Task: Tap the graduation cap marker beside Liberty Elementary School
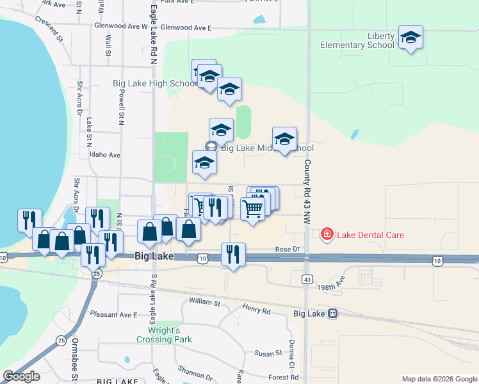[x=410, y=38]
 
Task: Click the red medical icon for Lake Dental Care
[x=327, y=235]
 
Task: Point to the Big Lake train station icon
[x=332, y=314]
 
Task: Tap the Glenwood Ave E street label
[x=186, y=28]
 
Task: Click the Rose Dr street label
[x=287, y=249]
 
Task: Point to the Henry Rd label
[x=257, y=310]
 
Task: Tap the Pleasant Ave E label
[x=113, y=314]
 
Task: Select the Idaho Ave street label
[x=105, y=155]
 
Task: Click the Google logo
[x=21, y=376]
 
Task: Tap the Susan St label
[x=268, y=353]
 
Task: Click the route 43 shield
[x=306, y=279]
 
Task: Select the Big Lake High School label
[x=154, y=83]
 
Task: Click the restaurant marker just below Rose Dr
[x=233, y=255]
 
